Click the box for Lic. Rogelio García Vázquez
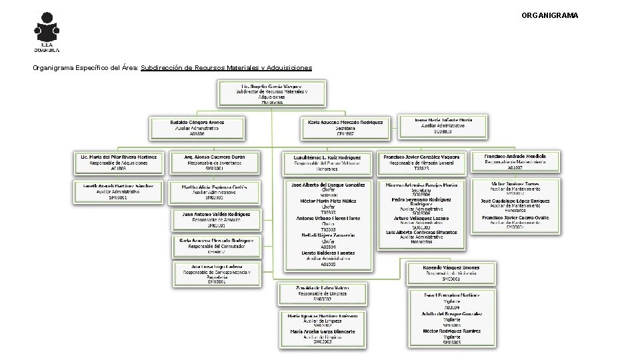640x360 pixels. coord(271,94)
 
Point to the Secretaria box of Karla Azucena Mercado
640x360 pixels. coord(345,128)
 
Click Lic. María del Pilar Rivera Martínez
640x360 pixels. coord(117,162)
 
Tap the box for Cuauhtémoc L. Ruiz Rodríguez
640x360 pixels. coord(327,162)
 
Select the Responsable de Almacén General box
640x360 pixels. coord(421,162)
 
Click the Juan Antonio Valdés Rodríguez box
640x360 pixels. coord(217,220)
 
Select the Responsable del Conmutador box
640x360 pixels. coord(217,246)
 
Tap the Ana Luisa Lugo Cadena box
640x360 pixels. coord(217,273)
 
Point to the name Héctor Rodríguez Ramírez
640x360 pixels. coord(451,331)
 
